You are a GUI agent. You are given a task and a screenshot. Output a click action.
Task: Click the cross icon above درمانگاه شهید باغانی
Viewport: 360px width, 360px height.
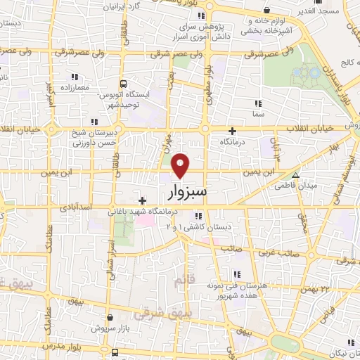click(143, 200)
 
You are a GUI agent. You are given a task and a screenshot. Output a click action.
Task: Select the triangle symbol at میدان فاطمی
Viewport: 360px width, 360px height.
click(295, 175)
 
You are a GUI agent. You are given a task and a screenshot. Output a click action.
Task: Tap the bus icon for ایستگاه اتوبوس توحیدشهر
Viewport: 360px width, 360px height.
click(124, 82)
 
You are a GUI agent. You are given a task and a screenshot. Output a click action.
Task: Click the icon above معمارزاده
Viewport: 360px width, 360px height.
click(73, 77)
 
